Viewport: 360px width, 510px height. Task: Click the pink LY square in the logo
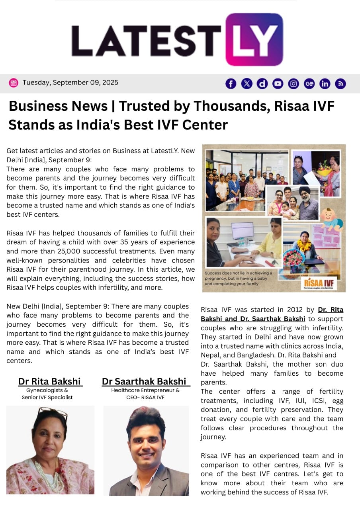pos(254,39)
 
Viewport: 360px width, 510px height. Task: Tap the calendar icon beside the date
pos(14,83)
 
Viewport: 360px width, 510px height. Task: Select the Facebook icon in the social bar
pos(231,84)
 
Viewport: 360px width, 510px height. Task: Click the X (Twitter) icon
pos(247,84)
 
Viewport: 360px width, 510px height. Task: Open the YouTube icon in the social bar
pos(278,84)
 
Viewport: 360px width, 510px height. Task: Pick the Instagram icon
pos(293,84)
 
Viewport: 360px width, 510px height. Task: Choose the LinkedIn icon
pos(325,84)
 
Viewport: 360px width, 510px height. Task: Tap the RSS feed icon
pos(340,84)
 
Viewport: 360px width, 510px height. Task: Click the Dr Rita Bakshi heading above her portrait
pos(49,381)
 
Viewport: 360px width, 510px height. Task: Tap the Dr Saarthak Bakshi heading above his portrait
pos(144,381)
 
